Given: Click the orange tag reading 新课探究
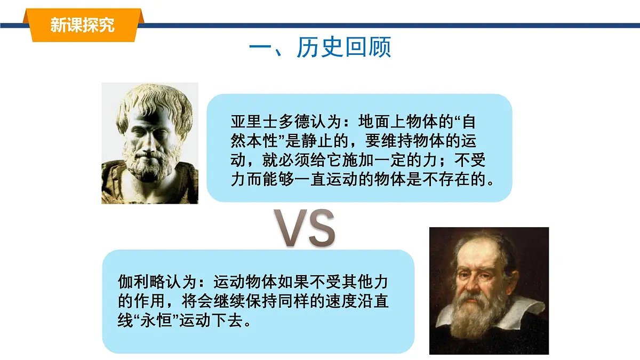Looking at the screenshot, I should [82, 25].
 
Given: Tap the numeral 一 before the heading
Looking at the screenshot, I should [261, 47].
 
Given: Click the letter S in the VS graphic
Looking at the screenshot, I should [321, 228].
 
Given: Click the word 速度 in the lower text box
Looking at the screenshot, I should [334, 302].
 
